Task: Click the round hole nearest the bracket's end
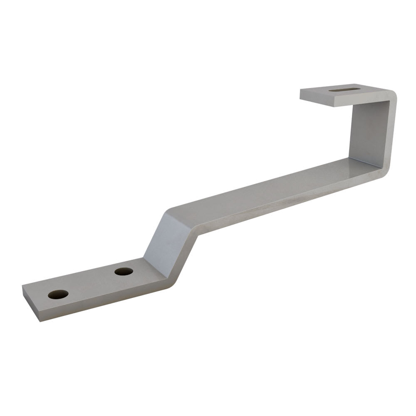pos(58,295)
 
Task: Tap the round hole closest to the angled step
pos(124,272)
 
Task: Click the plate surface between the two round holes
pos(91,283)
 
